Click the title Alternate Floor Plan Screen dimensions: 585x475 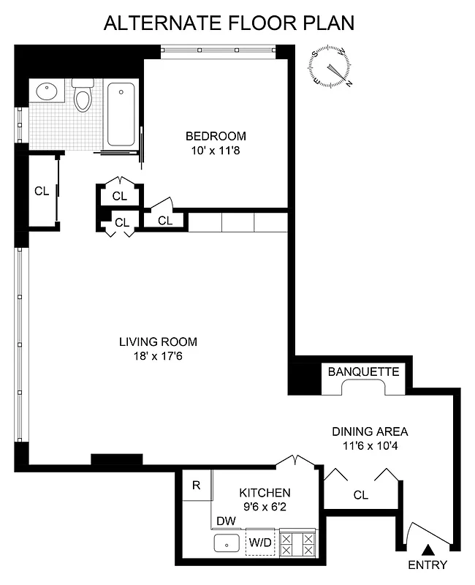pyautogui.click(x=229, y=23)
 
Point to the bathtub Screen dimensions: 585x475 pyautogui.click(x=121, y=114)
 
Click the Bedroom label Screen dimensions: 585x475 pyautogui.click(x=216, y=135)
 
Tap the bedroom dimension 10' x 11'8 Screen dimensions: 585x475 pyautogui.click(x=216, y=150)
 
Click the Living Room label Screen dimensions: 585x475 pyautogui.click(x=158, y=341)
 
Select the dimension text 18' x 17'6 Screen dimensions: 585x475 pyautogui.click(x=158, y=356)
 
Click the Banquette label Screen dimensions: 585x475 pyautogui.click(x=363, y=371)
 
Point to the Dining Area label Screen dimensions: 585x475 pyautogui.click(x=370, y=431)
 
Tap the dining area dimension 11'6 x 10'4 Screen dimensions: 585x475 pyautogui.click(x=370, y=445)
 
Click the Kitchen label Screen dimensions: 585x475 pyautogui.click(x=264, y=493)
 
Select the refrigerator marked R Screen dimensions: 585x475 pyautogui.click(x=197, y=486)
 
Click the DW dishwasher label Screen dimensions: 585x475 pyautogui.click(x=226, y=521)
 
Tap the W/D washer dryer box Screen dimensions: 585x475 pyautogui.click(x=259, y=543)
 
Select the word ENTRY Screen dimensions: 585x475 pyautogui.click(x=428, y=565)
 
